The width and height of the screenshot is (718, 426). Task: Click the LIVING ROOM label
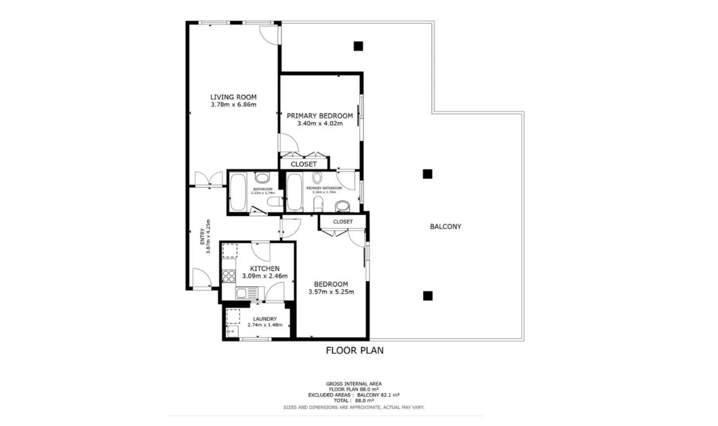tap(233, 97)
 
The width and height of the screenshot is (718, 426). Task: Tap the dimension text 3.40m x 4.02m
tap(320, 123)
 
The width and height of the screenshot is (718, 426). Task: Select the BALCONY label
tap(445, 226)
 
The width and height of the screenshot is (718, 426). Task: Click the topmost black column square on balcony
tap(358, 46)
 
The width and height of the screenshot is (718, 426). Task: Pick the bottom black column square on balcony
tap(428, 296)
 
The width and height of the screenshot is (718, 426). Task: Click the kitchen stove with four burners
tap(228, 276)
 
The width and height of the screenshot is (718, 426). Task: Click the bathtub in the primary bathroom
tap(294, 192)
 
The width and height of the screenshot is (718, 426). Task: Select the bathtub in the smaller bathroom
tap(237, 192)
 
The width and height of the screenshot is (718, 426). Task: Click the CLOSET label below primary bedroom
tap(304, 164)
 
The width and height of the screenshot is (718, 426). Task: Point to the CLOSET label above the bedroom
tap(343, 222)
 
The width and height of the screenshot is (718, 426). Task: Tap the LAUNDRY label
tap(265, 319)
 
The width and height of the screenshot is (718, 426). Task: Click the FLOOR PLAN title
tap(355, 351)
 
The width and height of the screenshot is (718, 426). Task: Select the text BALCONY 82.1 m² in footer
tap(378, 395)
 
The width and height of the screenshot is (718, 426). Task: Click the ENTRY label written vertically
tap(202, 237)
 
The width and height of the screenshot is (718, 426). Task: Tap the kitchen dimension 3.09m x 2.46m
tap(265, 276)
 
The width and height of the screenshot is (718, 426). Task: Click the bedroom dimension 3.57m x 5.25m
tap(331, 292)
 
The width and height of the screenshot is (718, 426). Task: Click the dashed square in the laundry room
tap(233, 316)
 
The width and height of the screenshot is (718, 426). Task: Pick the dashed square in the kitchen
tap(230, 250)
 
